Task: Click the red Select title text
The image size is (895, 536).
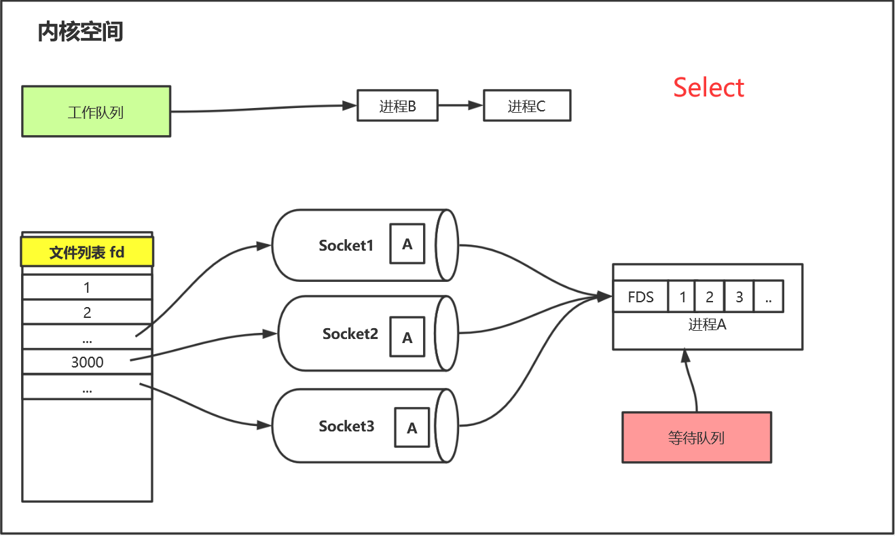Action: pos(708,88)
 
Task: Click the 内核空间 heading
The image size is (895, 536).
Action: pos(80,32)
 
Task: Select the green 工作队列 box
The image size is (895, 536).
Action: pos(96,111)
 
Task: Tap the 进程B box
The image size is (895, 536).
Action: pos(397,106)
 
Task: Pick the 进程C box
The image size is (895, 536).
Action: pos(526,106)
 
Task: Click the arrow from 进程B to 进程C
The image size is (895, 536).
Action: pos(460,106)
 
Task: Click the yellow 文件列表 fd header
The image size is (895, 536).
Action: pos(87,253)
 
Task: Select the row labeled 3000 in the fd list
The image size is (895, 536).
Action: pos(87,362)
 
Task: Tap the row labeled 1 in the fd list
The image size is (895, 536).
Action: pos(87,287)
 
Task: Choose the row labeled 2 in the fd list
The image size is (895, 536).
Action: pos(87,313)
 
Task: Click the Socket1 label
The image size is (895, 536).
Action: pos(346,245)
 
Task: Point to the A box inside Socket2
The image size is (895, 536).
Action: pos(407,338)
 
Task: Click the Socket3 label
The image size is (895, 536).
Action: pos(346,426)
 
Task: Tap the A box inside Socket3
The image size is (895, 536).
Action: pos(412,428)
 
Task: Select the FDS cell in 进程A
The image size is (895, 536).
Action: pos(640,297)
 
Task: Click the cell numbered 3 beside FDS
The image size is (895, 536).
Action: pos(739,297)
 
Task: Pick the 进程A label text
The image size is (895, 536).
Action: pos(707,325)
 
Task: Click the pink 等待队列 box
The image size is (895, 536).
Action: pos(697,437)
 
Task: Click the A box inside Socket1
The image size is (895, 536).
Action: pos(407,244)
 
